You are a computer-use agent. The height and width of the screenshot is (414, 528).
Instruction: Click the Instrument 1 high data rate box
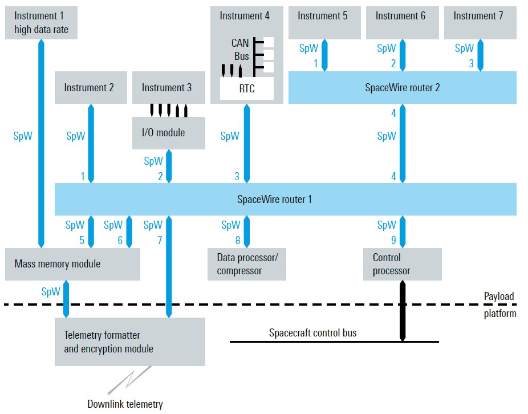tap(40, 23)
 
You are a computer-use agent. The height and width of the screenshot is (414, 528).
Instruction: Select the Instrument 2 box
tap(91, 88)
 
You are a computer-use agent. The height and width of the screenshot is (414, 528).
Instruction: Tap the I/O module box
tap(168, 133)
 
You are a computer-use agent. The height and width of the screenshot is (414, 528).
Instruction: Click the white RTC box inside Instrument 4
tap(247, 88)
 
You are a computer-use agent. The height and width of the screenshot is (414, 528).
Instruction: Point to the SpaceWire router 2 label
tap(402, 88)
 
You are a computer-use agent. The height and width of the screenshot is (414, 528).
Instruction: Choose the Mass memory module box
tap(72, 264)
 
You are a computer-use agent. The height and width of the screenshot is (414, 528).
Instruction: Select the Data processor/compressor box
tap(247, 264)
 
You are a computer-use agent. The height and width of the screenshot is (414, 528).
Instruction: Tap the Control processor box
tap(402, 264)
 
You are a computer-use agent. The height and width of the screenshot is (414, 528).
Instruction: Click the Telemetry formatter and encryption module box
tap(129, 342)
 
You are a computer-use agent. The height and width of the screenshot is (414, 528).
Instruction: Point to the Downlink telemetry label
tap(125, 404)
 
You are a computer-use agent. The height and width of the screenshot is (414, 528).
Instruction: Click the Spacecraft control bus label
tap(312, 332)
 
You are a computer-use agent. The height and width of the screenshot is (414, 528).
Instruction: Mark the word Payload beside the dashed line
tap(499, 297)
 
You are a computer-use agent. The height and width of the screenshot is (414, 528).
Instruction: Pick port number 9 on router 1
tap(393, 240)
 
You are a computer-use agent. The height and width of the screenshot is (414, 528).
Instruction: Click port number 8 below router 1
tap(238, 240)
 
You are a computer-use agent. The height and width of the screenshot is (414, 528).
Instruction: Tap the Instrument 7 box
tap(480, 23)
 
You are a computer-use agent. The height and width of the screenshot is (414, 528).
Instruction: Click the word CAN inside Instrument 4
tap(239, 43)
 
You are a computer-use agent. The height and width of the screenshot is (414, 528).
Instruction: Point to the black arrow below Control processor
tap(403, 311)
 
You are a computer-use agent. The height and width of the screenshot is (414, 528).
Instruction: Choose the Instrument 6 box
tap(402, 23)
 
